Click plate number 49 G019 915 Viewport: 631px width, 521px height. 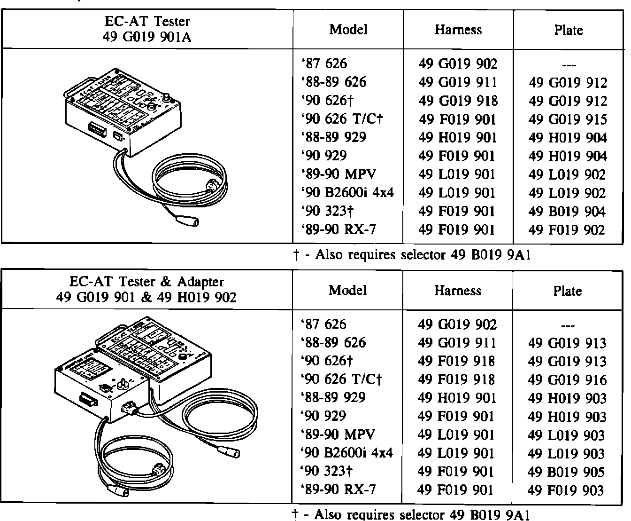pos(568,119)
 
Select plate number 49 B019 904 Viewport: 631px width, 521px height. pos(568,212)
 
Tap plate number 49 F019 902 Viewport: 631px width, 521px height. pos(568,230)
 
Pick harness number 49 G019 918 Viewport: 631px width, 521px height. pos(458,101)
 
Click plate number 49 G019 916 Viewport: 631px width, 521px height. pos(567,380)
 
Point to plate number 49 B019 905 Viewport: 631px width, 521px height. pos(567,472)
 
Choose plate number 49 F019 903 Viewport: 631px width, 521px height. pos(566,490)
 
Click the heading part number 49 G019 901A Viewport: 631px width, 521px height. pos(147,37)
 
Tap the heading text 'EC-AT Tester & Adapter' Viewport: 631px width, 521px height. pos(146,282)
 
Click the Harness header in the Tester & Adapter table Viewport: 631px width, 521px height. pos(458,291)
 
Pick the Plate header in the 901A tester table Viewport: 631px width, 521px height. pos(568,30)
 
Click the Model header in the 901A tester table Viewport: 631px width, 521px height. pos(348,30)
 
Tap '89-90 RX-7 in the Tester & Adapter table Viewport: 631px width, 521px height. pos(338,490)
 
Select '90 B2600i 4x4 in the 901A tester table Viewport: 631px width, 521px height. pos(347,193)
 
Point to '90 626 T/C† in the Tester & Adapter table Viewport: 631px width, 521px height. pos(342,379)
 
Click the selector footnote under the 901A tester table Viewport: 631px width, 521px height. pos(412,255)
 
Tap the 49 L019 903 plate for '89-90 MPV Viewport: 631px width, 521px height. pos(567,435)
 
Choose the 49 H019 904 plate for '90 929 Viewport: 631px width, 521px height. pos(568,156)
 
